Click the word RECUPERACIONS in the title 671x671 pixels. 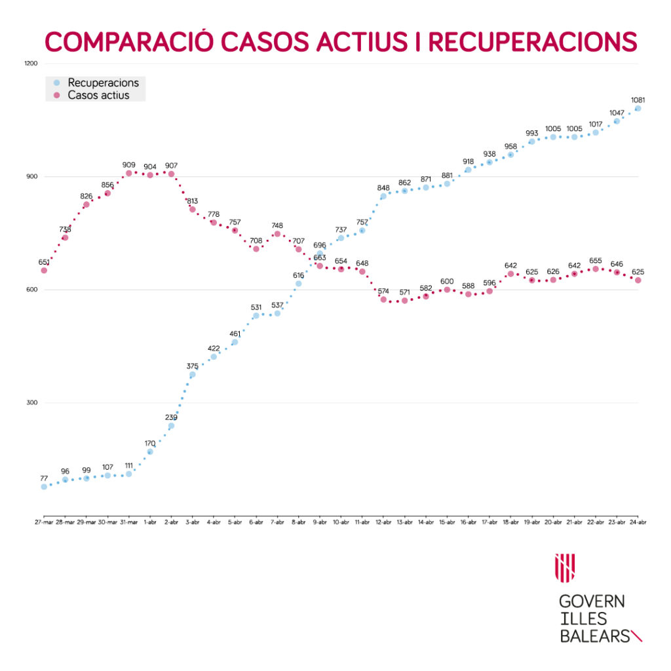(x=532, y=41)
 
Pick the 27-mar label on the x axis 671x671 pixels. (x=44, y=522)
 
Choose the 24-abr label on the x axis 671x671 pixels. (x=638, y=522)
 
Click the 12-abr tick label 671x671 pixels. (x=383, y=522)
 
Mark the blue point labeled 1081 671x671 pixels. (x=638, y=109)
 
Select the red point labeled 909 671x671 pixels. (x=128, y=174)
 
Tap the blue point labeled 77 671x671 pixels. (x=44, y=487)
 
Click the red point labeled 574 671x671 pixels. (x=383, y=299)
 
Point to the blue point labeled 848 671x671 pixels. (x=383, y=196)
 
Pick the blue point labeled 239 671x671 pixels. (x=171, y=426)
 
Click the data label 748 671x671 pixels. (x=277, y=225)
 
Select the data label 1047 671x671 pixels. (x=617, y=113)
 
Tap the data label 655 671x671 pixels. (x=595, y=260)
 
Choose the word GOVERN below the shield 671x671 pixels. (x=592, y=602)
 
